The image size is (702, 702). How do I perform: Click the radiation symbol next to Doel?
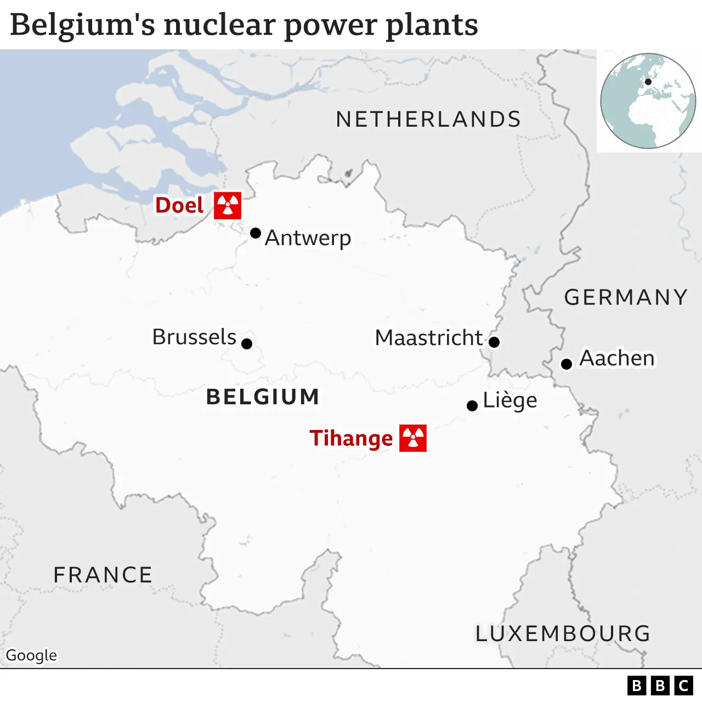(x=227, y=206)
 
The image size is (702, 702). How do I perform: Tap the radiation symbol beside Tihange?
(x=413, y=438)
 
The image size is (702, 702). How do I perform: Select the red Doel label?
(x=179, y=205)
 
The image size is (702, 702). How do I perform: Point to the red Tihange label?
(x=351, y=438)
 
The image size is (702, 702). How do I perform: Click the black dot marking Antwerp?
(x=256, y=233)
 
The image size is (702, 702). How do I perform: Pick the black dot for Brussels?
(x=247, y=344)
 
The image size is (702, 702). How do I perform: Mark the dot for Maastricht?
(x=494, y=342)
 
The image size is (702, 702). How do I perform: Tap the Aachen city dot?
(x=567, y=364)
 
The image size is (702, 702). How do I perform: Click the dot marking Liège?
(x=472, y=406)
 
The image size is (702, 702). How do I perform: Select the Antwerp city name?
(x=308, y=238)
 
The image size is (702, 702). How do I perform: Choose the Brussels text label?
(x=194, y=337)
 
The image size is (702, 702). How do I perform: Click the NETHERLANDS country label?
(x=428, y=119)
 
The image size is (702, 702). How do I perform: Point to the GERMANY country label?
(x=626, y=297)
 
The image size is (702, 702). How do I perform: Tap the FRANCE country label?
(x=103, y=575)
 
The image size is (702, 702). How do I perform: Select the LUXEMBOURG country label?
(x=563, y=633)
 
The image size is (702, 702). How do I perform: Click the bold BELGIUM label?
(x=263, y=397)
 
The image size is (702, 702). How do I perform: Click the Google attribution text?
(x=31, y=655)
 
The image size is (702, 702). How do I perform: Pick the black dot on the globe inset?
(x=648, y=82)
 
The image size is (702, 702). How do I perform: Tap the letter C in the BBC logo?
(x=683, y=686)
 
